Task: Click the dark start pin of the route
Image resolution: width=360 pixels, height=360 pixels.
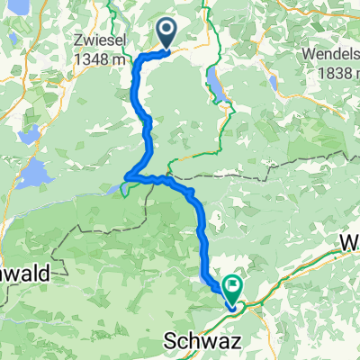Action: [x=168, y=32]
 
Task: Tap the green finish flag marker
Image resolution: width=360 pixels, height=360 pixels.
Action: [x=234, y=289]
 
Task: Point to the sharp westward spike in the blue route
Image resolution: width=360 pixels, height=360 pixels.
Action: [x=127, y=175]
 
